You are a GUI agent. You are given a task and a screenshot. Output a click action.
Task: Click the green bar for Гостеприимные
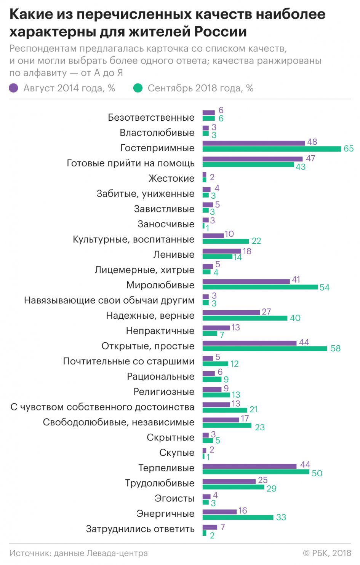(272, 149)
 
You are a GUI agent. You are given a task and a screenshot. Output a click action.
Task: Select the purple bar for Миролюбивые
(246, 281)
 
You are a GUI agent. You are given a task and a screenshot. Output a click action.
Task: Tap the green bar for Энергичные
(238, 517)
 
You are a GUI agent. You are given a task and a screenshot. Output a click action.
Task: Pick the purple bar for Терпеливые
(250, 466)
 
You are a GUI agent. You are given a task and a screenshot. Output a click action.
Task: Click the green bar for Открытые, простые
(265, 348)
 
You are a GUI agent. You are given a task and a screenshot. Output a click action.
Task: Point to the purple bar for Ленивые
(222, 251)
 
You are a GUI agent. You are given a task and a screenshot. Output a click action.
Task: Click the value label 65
(349, 148)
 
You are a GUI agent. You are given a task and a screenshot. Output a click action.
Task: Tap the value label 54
(325, 287)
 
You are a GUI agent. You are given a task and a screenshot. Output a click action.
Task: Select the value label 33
(281, 517)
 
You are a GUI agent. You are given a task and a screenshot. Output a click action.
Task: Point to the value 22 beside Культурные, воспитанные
(256, 241)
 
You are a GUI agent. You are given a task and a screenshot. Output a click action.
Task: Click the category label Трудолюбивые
(160, 483)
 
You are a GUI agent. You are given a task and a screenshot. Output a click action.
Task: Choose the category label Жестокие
(171, 179)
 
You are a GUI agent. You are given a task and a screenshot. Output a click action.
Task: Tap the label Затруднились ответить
(140, 529)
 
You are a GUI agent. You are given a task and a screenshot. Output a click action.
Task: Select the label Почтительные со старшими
(129, 361)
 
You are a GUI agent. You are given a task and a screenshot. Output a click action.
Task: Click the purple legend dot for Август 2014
(14, 88)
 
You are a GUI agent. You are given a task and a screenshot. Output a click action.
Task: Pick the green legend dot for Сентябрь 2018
(138, 88)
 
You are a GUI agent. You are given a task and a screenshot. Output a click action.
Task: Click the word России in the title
(221, 32)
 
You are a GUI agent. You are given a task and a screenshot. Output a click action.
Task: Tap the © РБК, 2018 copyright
(327, 553)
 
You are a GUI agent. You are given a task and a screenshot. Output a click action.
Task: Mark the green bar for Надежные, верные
(245, 318)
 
